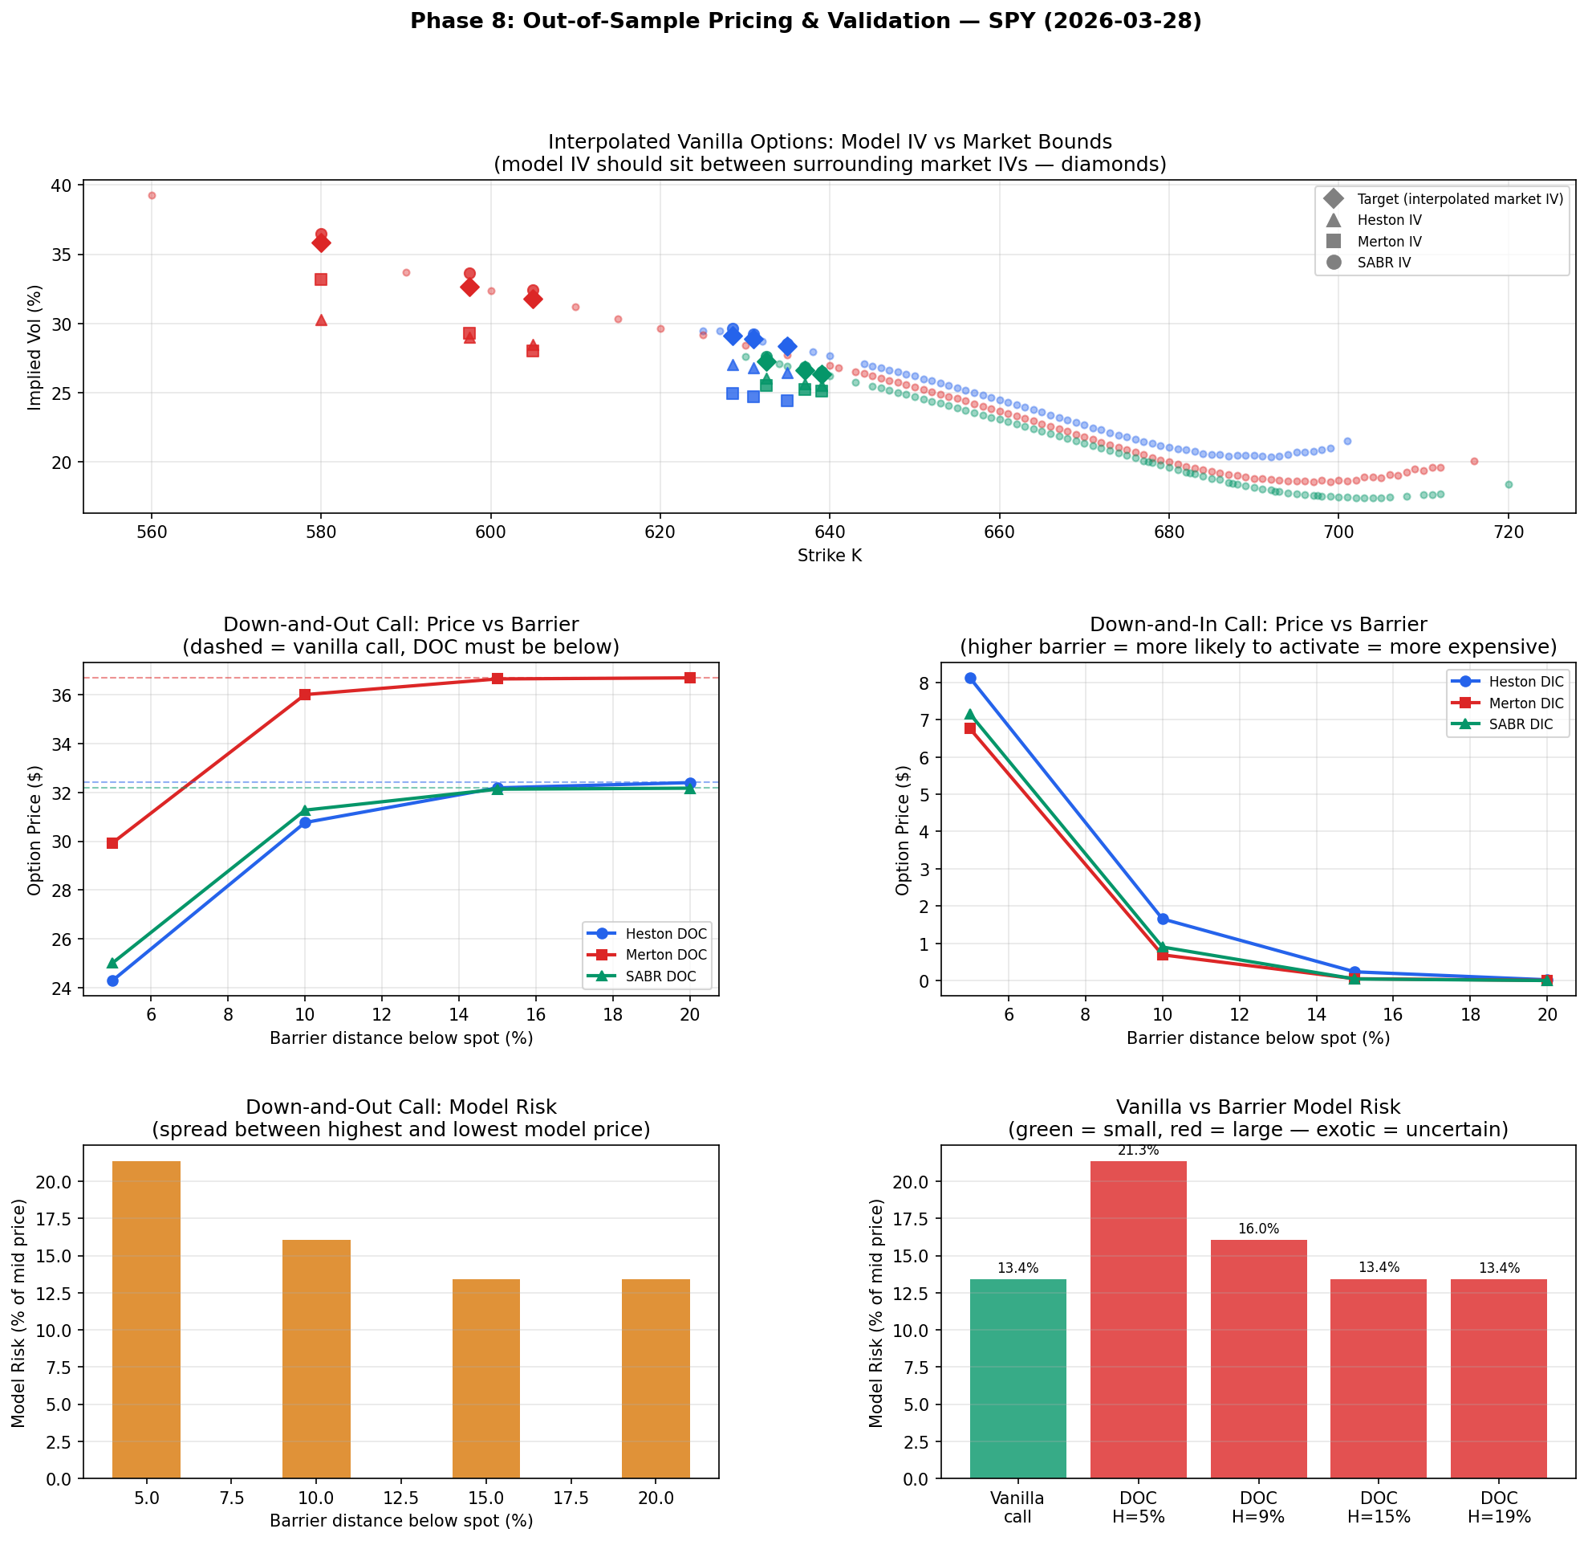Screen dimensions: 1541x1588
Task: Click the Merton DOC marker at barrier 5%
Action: [112, 843]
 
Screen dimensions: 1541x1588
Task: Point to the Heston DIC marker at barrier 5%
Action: [970, 678]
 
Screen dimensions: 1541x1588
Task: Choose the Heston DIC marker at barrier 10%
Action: [1163, 919]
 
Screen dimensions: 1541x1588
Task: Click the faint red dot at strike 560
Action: [152, 195]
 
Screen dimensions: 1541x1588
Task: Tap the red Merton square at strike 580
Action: [321, 279]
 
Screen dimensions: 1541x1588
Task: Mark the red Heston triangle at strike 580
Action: [321, 320]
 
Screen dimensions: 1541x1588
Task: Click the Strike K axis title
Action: [829, 556]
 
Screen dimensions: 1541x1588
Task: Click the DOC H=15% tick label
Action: [1378, 1507]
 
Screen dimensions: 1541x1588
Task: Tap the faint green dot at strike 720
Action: [1509, 485]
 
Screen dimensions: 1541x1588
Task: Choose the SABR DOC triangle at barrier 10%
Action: [305, 810]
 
